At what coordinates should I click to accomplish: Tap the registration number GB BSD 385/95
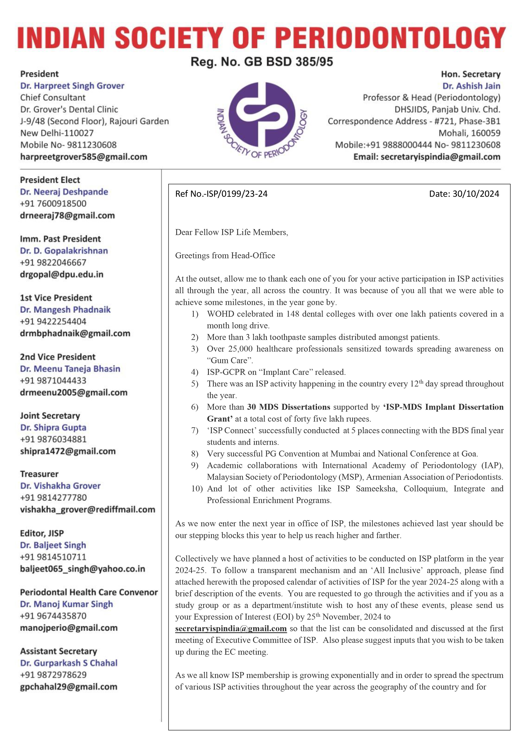click(x=262, y=61)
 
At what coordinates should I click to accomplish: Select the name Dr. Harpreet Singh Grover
click(x=72, y=86)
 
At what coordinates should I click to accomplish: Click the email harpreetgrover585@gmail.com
click(x=84, y=157)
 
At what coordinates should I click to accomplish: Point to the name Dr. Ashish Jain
click(x=471, y=86)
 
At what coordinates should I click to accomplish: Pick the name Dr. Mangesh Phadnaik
click(x=65, y=310)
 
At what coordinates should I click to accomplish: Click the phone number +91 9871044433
click(x=53, y=380)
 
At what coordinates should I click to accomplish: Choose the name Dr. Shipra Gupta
click(x=53, y=428)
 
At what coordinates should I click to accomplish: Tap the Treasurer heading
click(x=39, y=474)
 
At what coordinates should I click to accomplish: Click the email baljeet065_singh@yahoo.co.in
click(x=83, y=569)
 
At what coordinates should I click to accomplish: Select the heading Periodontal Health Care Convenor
click(x=89, y=592)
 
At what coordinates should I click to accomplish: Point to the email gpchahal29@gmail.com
click(x=69, y=687)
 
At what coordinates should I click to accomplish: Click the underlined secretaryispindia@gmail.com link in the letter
click(x=231, y=628)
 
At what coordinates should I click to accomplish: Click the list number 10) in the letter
click(x=197, y=489)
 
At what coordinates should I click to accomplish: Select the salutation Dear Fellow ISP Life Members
click(x=231, y=232)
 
